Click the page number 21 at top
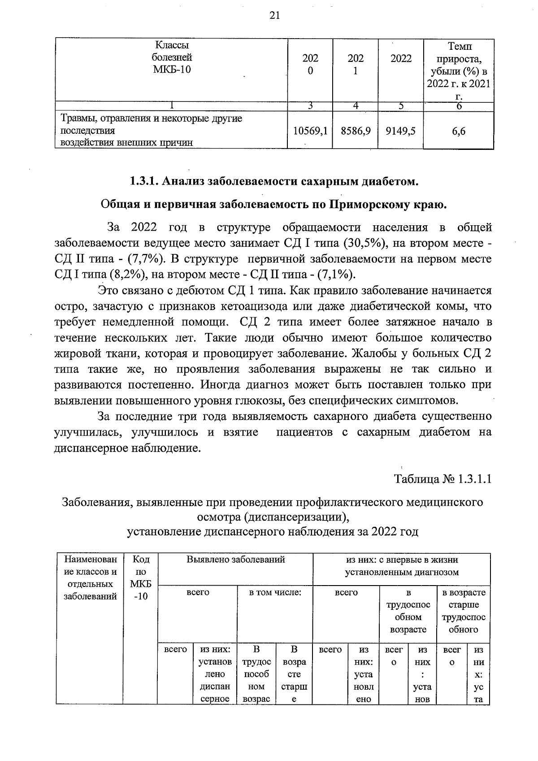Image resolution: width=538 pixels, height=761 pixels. click(x=274, y=16)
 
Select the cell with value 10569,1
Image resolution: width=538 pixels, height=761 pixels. click(x=310, y=131)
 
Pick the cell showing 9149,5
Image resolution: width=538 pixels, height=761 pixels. click(x=400, y=131)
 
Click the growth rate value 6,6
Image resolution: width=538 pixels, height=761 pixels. click(x=459, y=131)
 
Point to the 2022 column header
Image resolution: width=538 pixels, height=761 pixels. click(x=401, y=59)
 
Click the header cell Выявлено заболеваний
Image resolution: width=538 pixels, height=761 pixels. click(x=236, y=560)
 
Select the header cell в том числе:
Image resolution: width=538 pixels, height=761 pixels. click(x=275, y=592)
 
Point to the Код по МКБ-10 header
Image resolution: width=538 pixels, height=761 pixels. click(x=141, y=578)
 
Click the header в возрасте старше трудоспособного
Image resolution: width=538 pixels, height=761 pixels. click(x=464, y=611)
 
